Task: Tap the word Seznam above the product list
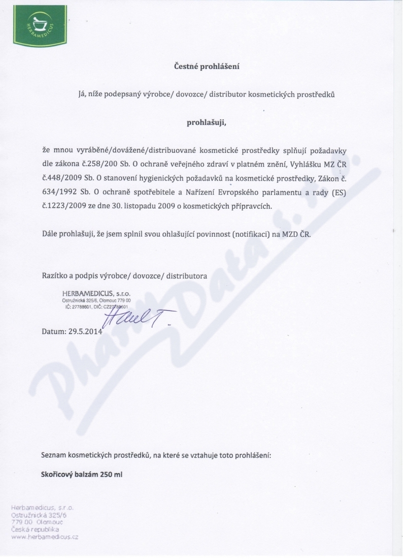click(x=54, y=455)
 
